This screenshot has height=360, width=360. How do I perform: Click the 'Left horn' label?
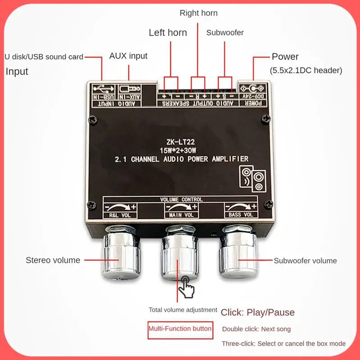168,32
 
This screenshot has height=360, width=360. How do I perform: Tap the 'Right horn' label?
198,13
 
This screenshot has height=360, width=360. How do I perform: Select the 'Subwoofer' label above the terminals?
225,33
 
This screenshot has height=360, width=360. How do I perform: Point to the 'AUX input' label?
128,56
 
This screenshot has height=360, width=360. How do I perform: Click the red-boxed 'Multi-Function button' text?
180,328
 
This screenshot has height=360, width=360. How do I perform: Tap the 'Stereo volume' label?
53,260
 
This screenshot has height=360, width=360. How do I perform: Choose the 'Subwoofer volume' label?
305,261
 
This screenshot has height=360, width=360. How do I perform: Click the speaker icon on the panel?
252,179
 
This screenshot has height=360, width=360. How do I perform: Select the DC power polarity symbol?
252,88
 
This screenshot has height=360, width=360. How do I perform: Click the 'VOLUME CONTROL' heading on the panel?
181,199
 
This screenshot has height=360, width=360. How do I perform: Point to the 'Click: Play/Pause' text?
257,312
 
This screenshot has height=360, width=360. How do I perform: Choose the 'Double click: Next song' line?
256,329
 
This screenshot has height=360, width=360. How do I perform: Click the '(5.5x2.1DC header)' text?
306,71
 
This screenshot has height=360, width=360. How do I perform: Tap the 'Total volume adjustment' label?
183,310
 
